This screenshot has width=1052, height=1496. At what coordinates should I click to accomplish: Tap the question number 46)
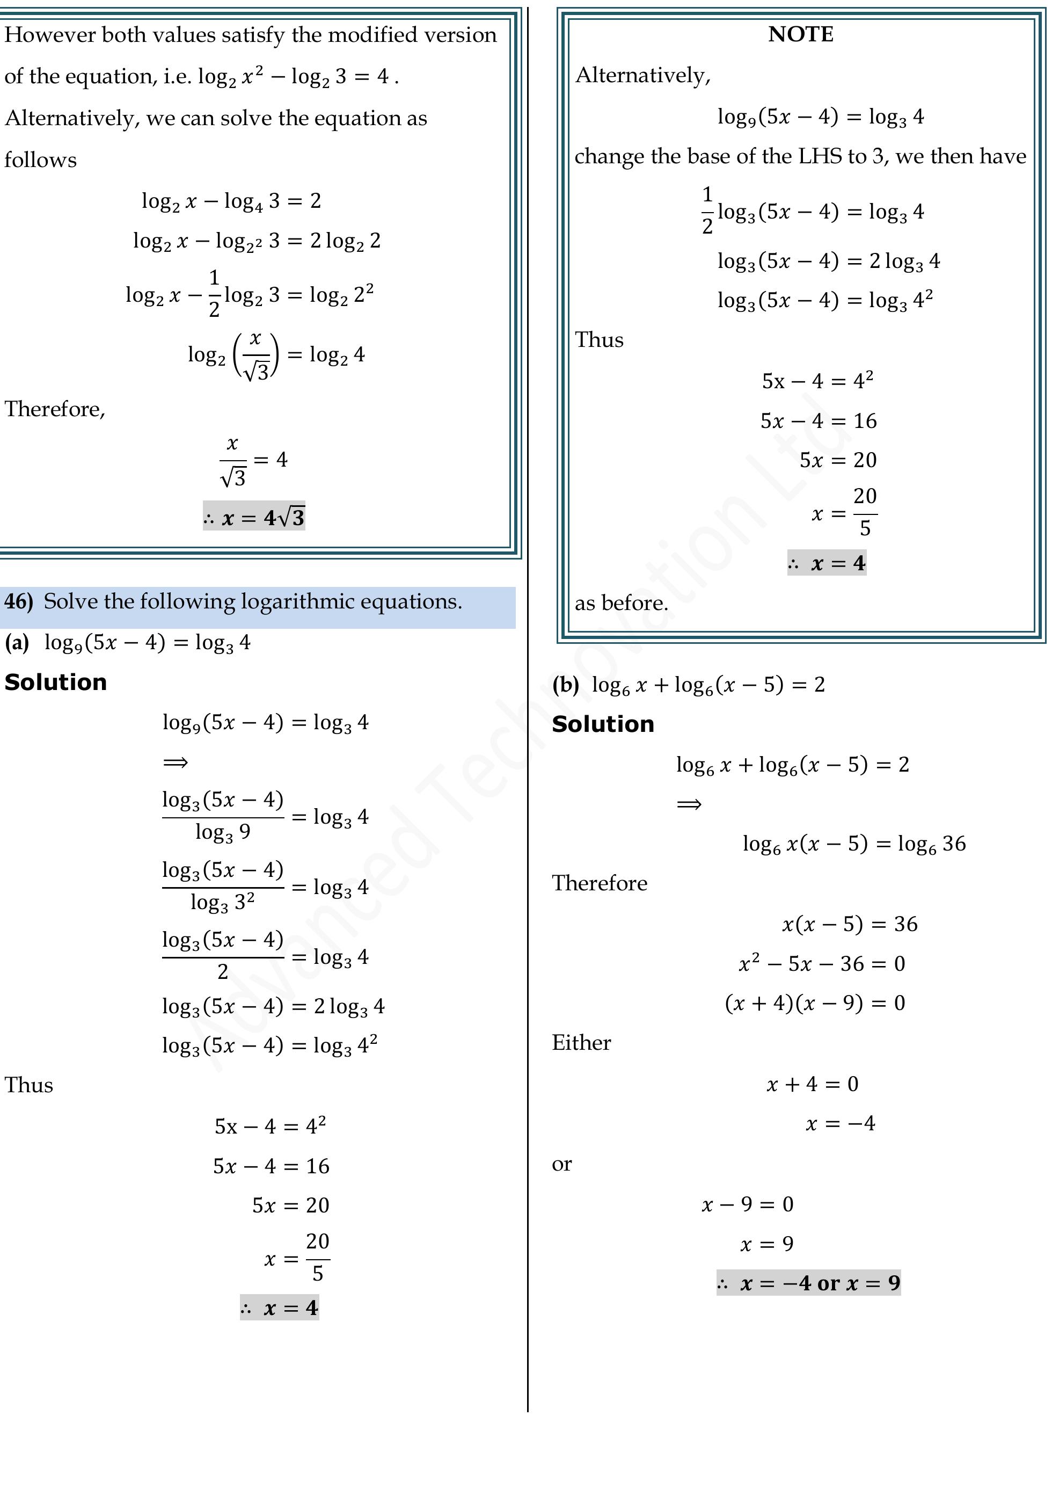[18, 601]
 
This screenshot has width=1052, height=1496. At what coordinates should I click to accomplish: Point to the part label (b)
[565, 685]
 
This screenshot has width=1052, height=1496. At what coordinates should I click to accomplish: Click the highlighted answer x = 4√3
[254, 517]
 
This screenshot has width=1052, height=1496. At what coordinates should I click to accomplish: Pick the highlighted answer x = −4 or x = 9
[808, 1283]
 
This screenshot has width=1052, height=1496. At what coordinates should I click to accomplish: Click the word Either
[581, 1042]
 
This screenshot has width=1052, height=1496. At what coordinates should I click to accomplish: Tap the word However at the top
[49, 34]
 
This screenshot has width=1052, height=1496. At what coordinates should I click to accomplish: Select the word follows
[40, 159]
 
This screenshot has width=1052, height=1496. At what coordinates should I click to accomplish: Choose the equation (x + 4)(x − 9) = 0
[814, 1003]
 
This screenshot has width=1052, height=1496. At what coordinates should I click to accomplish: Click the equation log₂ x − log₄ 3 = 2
[231, 201]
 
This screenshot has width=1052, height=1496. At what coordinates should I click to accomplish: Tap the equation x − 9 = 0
[747, 1204]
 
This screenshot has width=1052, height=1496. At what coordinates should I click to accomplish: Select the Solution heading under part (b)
[603, 724]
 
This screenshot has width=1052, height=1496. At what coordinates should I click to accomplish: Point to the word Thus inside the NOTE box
[598, 340]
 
